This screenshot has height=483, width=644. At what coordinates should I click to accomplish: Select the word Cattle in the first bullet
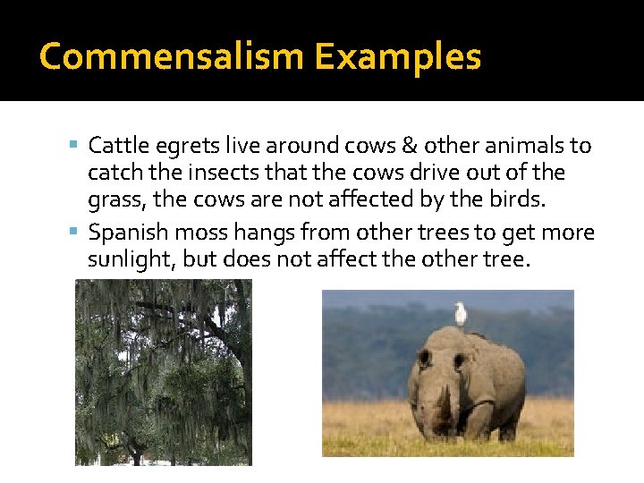point(115,145)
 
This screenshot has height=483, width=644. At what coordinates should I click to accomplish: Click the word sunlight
point(125,261)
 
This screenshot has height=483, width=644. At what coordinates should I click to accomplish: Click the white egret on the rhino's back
point(461,313)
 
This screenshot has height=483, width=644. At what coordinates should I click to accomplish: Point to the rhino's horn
point(445,407)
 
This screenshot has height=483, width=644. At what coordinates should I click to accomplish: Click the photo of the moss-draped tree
point(163,371)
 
